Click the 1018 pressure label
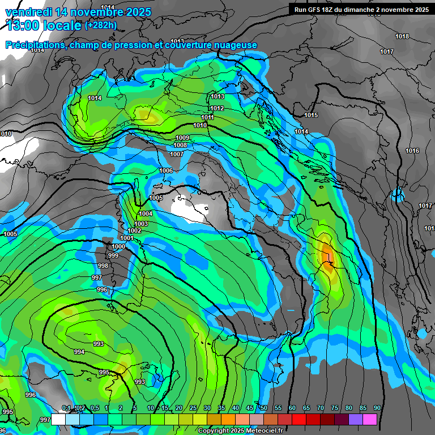(x=402, y=37)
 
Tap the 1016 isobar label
(x=412, y=151)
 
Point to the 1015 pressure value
(x=311, y=116)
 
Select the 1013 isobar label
(x=217, y=97)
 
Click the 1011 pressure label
(x=207, y=118)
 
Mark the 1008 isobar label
(x=180, y=146)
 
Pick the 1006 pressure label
(x=166, y=171)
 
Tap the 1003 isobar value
(x=141, y=224)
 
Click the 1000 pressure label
(x=119, y=246)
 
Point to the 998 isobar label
(x=103, y=266)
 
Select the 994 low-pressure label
(x=79, y=352)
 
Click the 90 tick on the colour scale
(x=377, y=408)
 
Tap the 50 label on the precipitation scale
(x=264, y=408)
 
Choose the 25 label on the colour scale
(x=193, y=408)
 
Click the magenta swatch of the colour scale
(x=370, y=420)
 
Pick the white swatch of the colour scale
(x=58, y=420)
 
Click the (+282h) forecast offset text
(x=100, y=25)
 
